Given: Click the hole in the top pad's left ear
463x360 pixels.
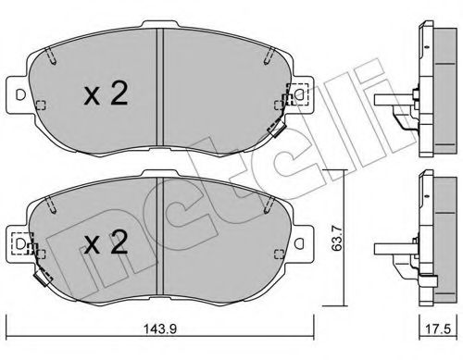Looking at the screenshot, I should tap(18, 93).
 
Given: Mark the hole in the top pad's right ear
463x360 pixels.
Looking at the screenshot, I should tap(302, 94).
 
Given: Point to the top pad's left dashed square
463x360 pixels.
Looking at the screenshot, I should tap(38, 104).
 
